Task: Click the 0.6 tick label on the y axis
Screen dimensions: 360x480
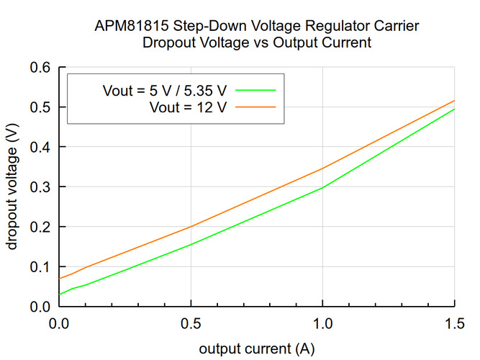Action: click(x=40, y=68)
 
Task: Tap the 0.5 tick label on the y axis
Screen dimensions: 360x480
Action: click(x=40, y=107)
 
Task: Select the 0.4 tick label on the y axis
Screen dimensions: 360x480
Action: click(x=40, y=147)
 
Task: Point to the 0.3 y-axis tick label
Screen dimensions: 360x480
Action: click(x=40, y=187)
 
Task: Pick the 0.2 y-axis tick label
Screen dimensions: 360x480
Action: click(x=40, y=227)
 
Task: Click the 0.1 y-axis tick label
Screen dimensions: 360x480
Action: click(x=40, y=267)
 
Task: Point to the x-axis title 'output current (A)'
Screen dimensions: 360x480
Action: click(x=256, y=349)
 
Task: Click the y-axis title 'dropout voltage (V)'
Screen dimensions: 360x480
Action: click(x=12, y=186)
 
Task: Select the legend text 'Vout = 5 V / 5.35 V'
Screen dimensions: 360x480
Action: click(x=165, y=91)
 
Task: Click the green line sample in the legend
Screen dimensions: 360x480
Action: click(x=255, y=91)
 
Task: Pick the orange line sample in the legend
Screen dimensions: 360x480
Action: click(x=255, y=107)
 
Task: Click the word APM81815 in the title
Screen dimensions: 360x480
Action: click(x=131, y=26)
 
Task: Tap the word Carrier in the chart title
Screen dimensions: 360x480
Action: click(x=395, y=26)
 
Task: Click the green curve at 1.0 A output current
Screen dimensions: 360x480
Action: click(x=322, y=188)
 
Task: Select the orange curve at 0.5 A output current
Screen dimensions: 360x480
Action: click(x=190, y=227)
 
